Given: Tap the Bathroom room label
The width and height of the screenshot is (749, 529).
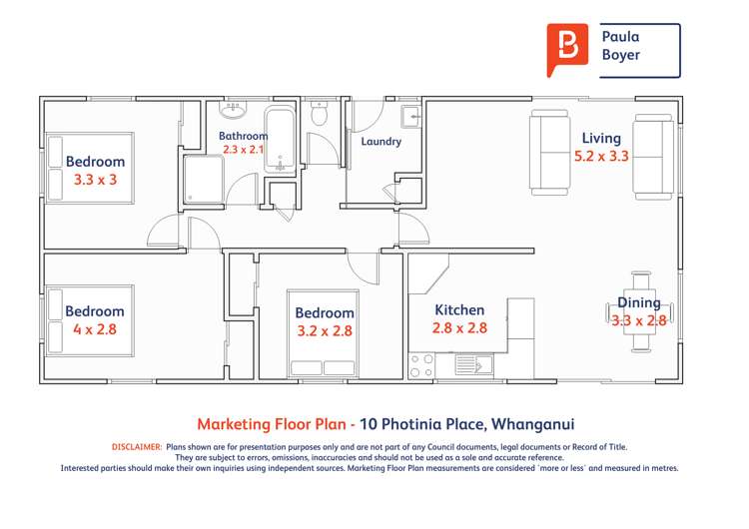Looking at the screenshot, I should [244, 136].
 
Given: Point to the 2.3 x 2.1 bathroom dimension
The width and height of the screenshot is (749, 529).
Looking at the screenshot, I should [244, 150].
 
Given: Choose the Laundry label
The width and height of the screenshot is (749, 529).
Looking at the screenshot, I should [381, 142].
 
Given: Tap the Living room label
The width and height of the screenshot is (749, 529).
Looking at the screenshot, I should [601, 139].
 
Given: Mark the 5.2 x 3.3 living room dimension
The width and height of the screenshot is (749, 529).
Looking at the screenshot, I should [601, 157].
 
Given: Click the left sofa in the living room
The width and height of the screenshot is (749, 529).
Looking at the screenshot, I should [548, 152].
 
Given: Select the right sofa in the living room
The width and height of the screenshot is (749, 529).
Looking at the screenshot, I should [654, 152].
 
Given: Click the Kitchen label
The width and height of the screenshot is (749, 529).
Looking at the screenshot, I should [459, 310].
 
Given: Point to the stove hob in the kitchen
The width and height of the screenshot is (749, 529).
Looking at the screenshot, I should [421, 365].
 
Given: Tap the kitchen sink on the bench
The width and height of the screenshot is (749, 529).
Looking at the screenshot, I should [473, 365].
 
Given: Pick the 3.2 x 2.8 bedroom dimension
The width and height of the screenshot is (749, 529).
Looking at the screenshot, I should [325, 330].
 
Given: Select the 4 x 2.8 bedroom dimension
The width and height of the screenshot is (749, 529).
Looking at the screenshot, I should [95, 329].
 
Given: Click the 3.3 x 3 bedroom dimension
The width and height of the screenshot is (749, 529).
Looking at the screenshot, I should [95, 181].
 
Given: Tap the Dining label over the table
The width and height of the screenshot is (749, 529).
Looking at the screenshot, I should [638, 303].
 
